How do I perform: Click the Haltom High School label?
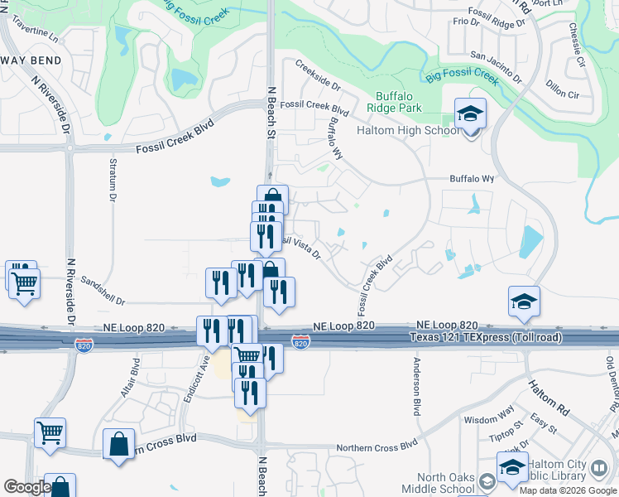[x=408, y=130]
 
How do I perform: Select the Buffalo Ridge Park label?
[x=399, y=102]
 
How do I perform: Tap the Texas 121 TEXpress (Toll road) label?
[x=487, y=337]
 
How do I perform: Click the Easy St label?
[x=543, y=424]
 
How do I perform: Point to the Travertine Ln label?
[x=38, y=38]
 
